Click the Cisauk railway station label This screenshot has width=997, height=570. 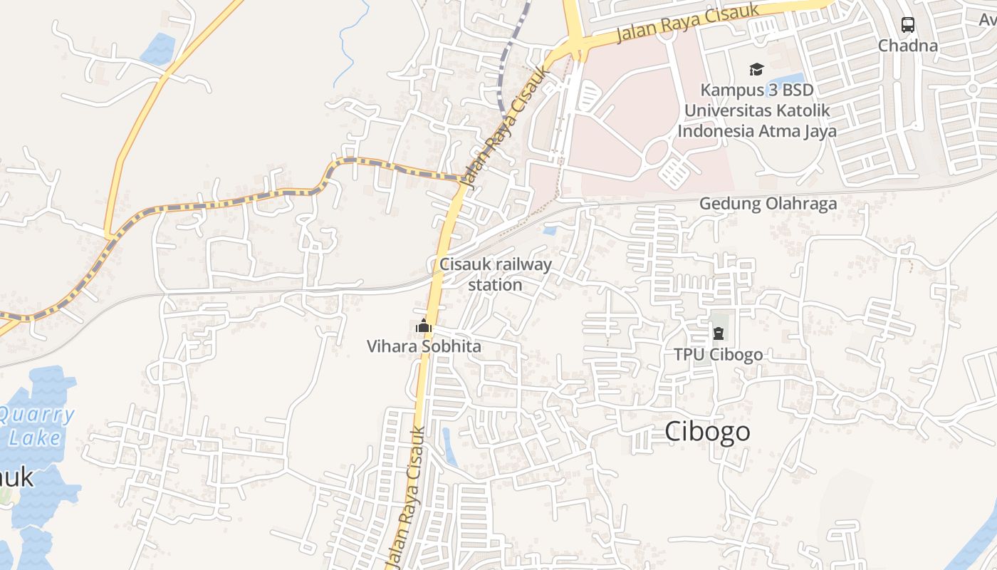496,274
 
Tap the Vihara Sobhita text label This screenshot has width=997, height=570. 424,346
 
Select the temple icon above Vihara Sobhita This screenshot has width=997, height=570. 424,326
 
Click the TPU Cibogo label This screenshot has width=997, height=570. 718,354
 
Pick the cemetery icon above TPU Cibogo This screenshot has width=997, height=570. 718,333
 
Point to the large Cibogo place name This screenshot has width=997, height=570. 707,431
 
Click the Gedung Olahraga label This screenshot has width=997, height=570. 768,204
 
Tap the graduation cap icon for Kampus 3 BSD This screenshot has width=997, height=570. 756,69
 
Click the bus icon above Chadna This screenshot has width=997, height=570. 907,25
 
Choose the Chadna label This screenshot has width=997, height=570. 907,46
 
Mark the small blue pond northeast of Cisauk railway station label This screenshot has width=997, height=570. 549,230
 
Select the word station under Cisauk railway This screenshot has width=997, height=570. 496,285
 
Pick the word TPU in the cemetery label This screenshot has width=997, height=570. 687,354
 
